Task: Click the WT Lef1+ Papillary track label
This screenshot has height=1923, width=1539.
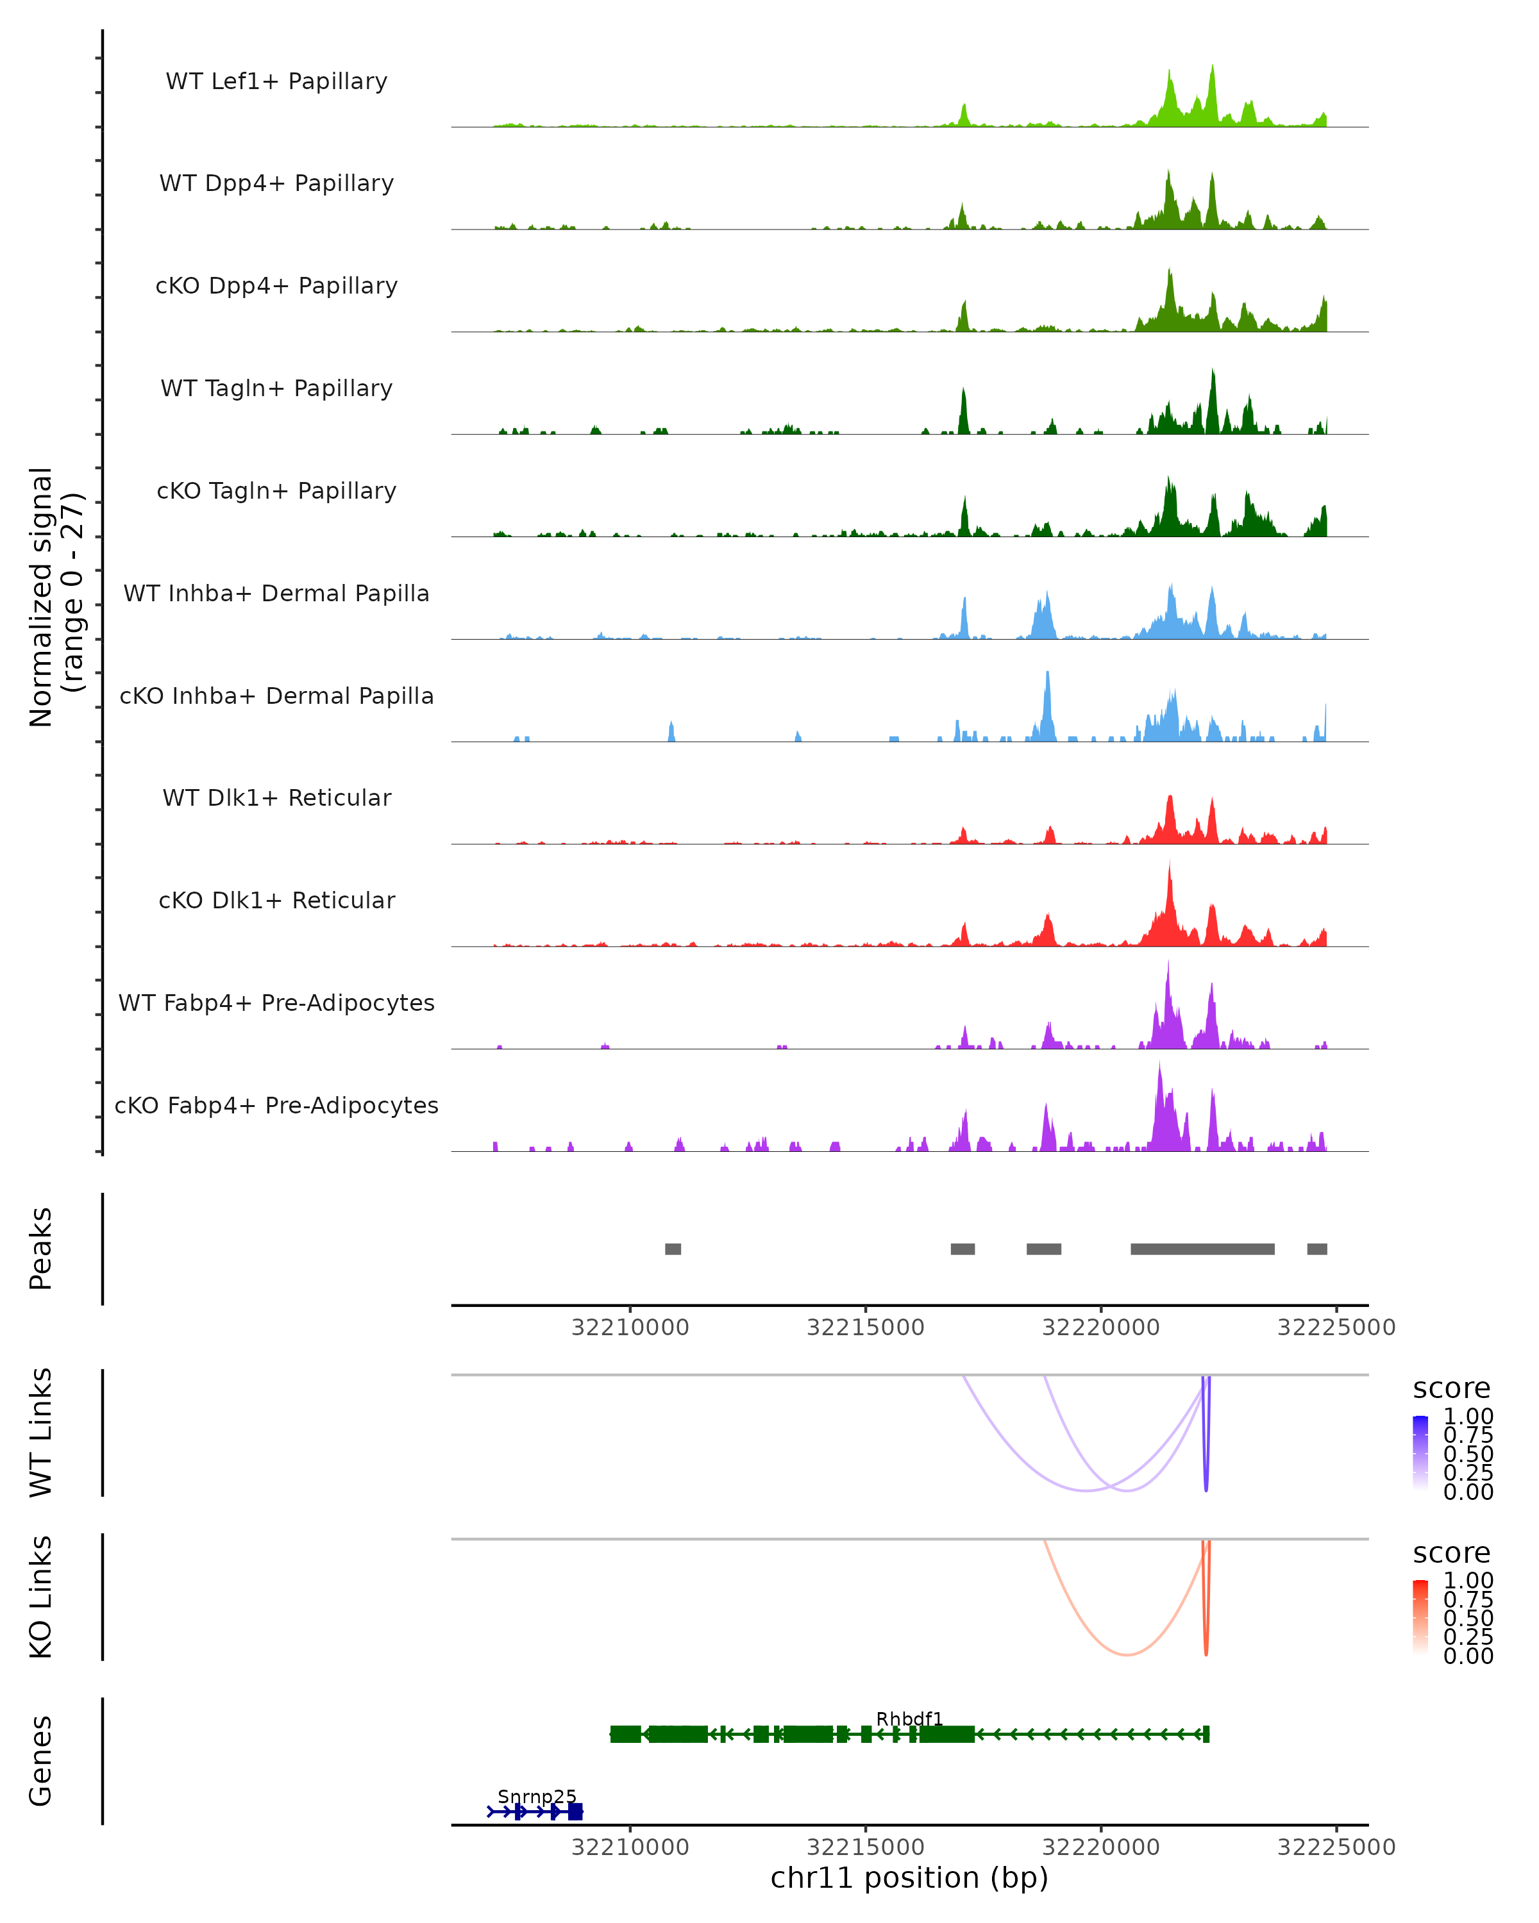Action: pos(276,81)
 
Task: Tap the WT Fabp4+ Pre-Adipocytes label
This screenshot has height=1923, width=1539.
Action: pos(276,1003)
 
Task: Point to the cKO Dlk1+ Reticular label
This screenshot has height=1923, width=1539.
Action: pos(276,900)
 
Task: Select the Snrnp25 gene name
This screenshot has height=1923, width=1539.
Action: pos(537,1796)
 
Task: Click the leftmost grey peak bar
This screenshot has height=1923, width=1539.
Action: pos(673,1249)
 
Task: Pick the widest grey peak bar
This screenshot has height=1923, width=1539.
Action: pos(1202,1249)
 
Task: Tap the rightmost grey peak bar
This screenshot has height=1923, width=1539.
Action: pos(1317,1249)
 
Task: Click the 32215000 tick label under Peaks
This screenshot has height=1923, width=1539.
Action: pos(866,1328)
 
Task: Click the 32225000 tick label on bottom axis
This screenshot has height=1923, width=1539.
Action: pos(1336,1846)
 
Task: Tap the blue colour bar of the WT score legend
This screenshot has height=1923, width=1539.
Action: pos(1420,1453)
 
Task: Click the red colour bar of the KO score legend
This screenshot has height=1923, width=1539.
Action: pos(1420,1617)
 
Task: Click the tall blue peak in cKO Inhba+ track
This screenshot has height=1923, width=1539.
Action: pos(1047,704)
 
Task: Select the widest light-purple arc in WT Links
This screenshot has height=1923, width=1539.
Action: pos(1085,1490)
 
